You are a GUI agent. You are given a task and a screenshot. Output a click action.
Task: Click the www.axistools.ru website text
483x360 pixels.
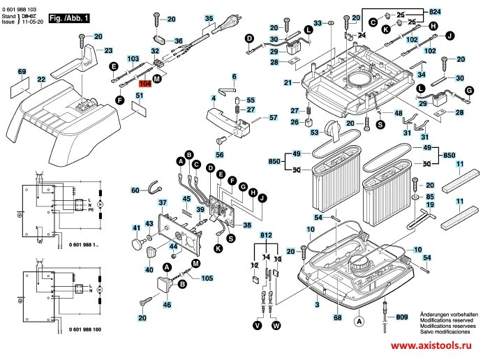pyautogui.click(x=431, y=347)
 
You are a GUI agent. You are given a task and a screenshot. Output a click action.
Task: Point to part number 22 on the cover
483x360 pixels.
pyautogui.click(x=41, y=80)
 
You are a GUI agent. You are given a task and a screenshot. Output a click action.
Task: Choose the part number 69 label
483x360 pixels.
pyautogui.click(x=22, y=72)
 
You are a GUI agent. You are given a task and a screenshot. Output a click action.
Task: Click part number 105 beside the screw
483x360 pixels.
pyautogui.click(x=207, y=278)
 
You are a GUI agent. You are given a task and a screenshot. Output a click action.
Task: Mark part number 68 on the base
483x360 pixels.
pyautogui.click(x=337, y=318)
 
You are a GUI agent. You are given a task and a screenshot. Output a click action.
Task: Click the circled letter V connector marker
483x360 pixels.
pyautogui.click(x=257, y=324)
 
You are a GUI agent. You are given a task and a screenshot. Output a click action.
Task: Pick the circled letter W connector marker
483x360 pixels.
pyautogui.click(x=276, y=324)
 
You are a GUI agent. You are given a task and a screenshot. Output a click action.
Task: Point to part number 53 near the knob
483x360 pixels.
pyautogui.click(x=314, y=132)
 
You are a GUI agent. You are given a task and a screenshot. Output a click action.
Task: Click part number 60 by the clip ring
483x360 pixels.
pyautogui.click(x=135, y=190)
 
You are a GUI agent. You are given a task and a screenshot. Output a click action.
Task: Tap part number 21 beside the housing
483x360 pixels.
pyautogui.click(x=288, y=83)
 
